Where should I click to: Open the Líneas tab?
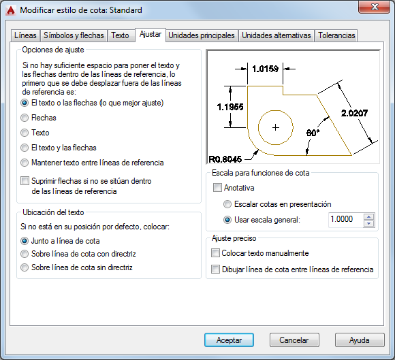(x=25, y=35)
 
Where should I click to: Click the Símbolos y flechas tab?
(x=74, y=35)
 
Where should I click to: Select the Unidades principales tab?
(x=202, y=35)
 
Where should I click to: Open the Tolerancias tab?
(x=336, y=35)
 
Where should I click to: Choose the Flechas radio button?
(x=25, y=118)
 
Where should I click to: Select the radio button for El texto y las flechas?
(x=25, y=148)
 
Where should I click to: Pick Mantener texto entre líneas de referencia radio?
(x=25, y=163)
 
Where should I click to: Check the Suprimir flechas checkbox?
(x=25, y=181)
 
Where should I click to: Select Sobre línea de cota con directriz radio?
(x=25, y=254)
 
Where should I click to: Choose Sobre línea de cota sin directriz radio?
(x=25, y=267)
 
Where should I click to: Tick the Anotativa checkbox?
(x=217, y=188)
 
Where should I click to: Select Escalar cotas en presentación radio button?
(x=227, y=204)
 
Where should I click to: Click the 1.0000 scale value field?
(x=346, y=220)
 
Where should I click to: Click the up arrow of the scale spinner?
(x=369, y=216)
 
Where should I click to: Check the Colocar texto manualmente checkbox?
(x=215, y=253)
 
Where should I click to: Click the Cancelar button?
(x=294, y=340)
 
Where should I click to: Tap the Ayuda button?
(x=360, y=340)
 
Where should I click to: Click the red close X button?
(x=375, y=7)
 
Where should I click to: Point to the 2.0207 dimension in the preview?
(x=354, y=113)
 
